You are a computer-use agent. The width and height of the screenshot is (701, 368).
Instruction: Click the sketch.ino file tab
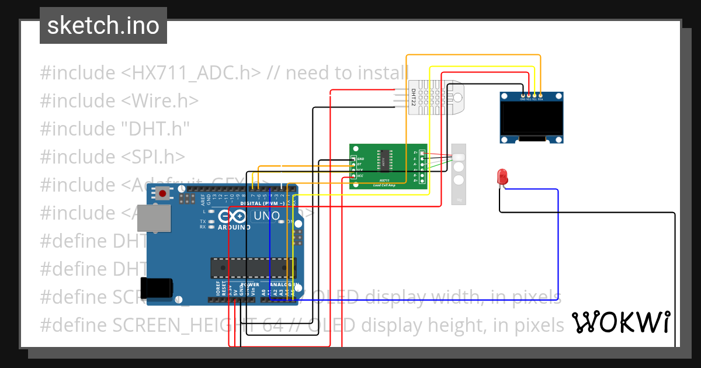pos(103,26)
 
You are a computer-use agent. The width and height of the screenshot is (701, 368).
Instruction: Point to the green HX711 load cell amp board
pos(388,166)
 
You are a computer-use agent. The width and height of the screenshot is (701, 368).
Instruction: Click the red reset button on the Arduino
pos(162,193)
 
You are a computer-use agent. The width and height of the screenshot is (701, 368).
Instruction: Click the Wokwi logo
pos(620,322)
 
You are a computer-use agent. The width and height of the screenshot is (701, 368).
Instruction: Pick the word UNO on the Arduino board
pos(266,216)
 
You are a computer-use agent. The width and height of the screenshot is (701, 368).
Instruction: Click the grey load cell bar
pos(459,174)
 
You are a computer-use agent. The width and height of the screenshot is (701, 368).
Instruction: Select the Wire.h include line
pos(119,101)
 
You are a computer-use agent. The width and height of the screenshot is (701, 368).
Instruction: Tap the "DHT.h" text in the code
pos(155,129)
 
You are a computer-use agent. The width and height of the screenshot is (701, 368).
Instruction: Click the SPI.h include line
pos(112,157)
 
